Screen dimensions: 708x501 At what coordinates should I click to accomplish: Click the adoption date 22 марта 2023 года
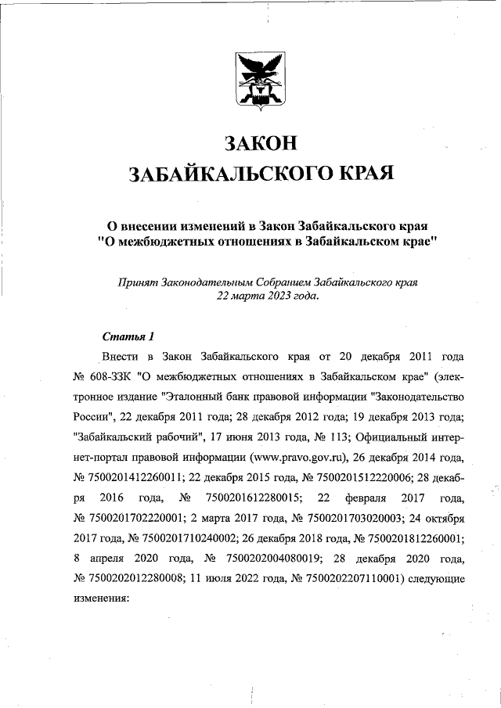tap(267, 296)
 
